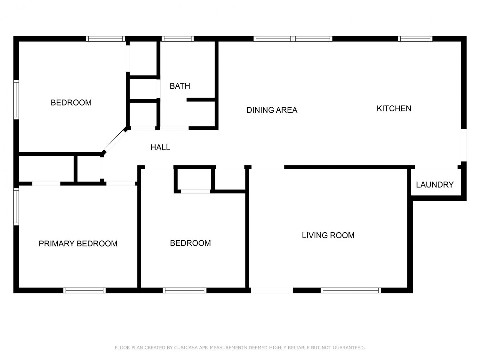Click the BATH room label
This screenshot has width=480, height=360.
180,86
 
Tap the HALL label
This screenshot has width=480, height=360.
160,148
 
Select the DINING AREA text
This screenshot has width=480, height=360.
272,110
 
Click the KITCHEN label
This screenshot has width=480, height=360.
394,108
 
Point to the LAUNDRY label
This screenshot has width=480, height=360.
435,185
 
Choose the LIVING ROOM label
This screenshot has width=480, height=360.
328,236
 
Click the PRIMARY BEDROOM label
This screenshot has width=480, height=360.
78,244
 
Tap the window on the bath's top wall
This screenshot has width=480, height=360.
178,39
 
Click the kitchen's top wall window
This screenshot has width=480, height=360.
415,39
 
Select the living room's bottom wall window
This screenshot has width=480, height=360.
351,290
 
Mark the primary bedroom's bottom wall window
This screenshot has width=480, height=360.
84,290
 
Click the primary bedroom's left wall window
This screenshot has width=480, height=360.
16,207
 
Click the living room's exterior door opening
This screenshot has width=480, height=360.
272,290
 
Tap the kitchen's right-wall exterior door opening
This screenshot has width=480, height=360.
464,145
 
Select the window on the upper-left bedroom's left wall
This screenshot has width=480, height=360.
16,100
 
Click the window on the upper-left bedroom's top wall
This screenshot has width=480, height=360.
105,39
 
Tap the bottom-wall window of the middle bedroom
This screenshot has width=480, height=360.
185,290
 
